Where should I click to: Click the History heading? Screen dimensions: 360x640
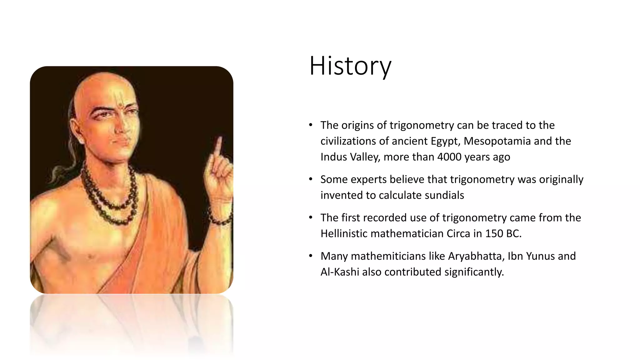(x=350, y=66)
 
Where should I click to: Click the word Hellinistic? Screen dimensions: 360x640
(x=344, y=234)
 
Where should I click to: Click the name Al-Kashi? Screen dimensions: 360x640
(x=340, y=272)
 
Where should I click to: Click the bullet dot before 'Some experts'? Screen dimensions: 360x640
(x=310, y=179)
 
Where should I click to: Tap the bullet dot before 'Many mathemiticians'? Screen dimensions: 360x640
(x=310, y=256)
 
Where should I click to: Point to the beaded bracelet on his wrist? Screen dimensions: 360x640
(x=221, y=219)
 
